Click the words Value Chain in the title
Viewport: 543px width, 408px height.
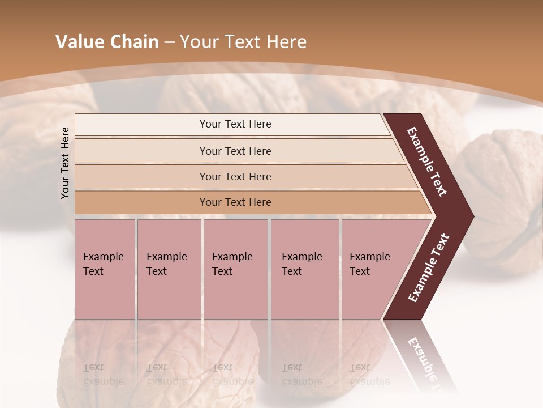pos(107,42)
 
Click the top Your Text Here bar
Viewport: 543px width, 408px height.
pos(235,124)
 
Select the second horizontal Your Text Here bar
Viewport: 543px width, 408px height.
pos(235,151)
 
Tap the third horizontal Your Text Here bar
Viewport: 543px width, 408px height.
pos(235,176)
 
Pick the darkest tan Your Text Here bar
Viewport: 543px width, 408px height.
pos(235,202)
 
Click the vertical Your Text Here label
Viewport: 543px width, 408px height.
pos(65,163)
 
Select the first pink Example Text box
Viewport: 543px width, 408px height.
pos(105,269)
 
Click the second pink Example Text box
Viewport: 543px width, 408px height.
pos(169,269)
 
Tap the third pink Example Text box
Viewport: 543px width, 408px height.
pos(235,269)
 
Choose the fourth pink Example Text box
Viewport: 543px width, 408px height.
pos(304,269)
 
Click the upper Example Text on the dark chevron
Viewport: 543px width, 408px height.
pos(427,161)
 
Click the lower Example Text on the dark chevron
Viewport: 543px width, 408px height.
pos(428,267)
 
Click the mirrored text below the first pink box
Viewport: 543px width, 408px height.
pos(103,375)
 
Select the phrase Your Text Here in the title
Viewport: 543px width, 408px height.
pos(243,42)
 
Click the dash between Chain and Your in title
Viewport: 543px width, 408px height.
pos(169,42)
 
